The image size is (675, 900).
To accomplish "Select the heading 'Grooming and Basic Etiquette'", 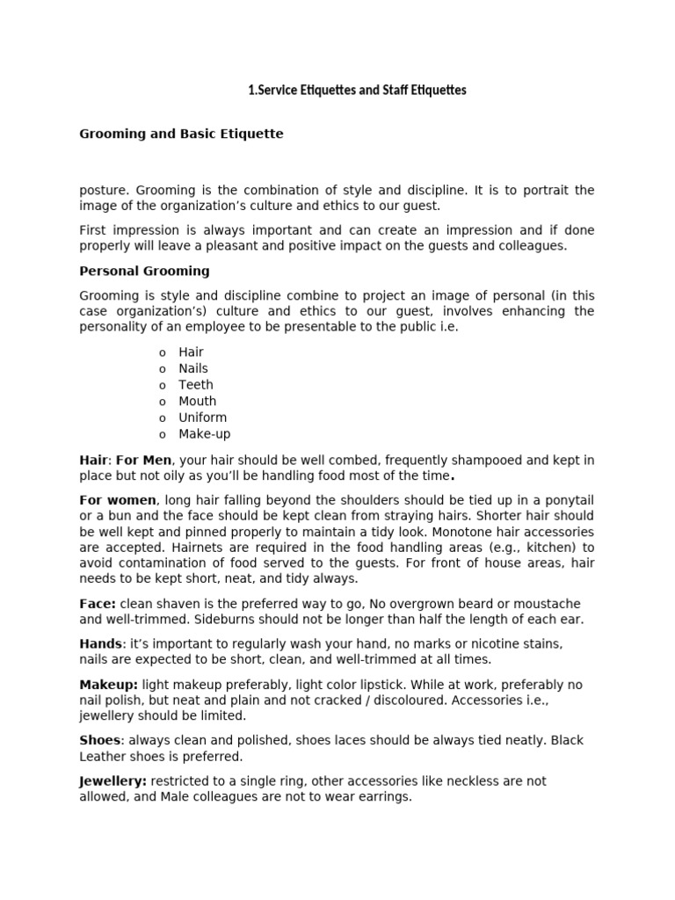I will pyautogui.click(x=181, y=134).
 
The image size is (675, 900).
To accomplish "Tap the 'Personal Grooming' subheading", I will pyautogui.click(x=144, y=271).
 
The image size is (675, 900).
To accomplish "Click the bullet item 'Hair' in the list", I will pyautogui.click(x=191, y=352).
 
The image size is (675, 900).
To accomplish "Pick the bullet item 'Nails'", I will pyautogui.click(x=193, y=368).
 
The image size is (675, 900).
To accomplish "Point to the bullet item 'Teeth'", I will pyautogui.click(x=195, y=385).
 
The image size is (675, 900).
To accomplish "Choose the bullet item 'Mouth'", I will pyautogui.click(x=197, y=401).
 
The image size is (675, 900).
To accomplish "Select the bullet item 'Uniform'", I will pyautogui.click(x=202, y=417).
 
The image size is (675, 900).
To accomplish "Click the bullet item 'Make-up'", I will pyautogui.click(x=205, y=434).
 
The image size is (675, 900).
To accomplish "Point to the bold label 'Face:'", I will pyautogui.click(x=98, y=604).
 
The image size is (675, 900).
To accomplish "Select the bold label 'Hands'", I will pyautogui.click(x=100, y=644).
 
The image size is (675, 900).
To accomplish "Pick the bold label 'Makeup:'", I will pyautogui.click(x=108, y=685).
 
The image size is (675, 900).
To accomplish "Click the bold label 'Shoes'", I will pyautogui.click(x=99, y=740).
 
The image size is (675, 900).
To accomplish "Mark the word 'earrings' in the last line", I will pyautogui.click(x=381, y=797).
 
